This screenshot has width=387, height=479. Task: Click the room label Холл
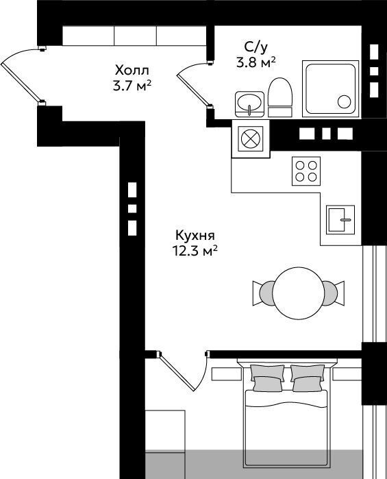point(132,71)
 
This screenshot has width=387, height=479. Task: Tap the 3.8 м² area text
point(256,63)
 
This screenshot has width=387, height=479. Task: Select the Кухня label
point(195,236)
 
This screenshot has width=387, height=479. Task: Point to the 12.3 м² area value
point(195,251)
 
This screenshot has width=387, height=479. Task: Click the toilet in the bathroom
point(280,97)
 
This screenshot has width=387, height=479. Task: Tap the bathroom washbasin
point(249,104)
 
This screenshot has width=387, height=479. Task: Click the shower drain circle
point(345,101)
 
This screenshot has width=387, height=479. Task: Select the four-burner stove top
point(306,171)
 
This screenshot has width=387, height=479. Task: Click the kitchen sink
point(340,220)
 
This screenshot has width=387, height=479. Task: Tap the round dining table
point(298,293)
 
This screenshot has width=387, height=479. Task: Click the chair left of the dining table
point(262,293)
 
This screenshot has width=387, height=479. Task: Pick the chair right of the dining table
point(334,293)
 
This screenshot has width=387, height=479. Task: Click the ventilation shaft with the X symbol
point(251,138)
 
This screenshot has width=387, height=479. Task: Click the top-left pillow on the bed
point(268,372)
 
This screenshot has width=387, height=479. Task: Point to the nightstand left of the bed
point(227,373)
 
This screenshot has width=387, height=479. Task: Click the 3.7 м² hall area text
point(132,86)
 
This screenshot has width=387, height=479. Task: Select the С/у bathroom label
point(256,47)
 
